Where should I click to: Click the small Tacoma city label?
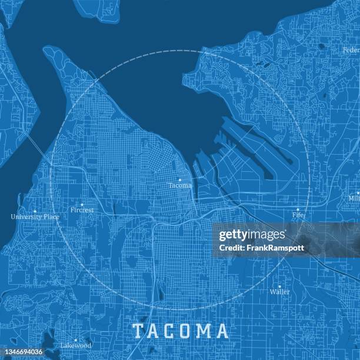click(x=180, y=185)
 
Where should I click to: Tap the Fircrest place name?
click(x=82, y=210)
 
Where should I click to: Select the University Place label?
click(x=35, y=216)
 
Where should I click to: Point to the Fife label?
click(x=297, y=216)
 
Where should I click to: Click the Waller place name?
click(x=279, y=292)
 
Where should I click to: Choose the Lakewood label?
click(x=75, y=346)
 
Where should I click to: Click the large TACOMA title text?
click(x=180, y=331)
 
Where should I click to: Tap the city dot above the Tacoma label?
click(x=180, y=179)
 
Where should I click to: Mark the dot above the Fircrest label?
click(x=82, y=204)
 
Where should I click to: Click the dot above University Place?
click(x=35, y=211)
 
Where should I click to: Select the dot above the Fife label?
click(x=297, y=209)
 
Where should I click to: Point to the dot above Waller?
click(x=279, y=286)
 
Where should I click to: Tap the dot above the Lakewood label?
click(x=75, y=340)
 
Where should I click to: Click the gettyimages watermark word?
click(x=252, y=235)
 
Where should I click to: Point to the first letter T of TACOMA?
click(x=137, y=331)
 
